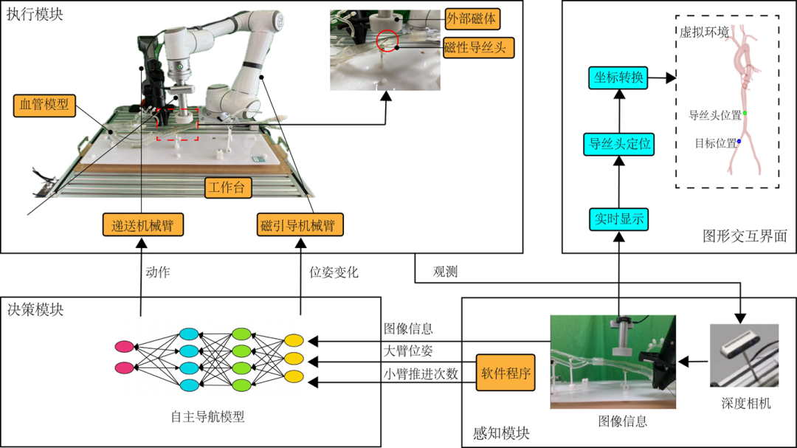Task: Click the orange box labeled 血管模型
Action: click(44, 106)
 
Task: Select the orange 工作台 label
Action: click(227, 187)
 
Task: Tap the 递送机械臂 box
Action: click(143, 225)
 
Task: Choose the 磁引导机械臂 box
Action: click(300, 225)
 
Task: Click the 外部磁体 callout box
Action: click(472, 19)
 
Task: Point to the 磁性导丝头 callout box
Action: click(478, 47)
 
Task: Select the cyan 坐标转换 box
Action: click(618, 77)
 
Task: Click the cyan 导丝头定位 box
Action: click(618, 144)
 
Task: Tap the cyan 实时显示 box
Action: click(618, 219)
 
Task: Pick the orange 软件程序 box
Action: click(506, 373)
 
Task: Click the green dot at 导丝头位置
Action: click(745, 113)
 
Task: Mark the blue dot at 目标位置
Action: click(739, 142)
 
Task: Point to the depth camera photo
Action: click(744, 355)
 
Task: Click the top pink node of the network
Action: click(124, 346)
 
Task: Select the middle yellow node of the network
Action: click(294, 359)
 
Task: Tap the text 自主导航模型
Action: click(208, 417)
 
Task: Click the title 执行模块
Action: click(35, 14)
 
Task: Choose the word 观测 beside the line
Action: click(445, 272)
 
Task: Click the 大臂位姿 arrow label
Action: click(408, 351)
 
